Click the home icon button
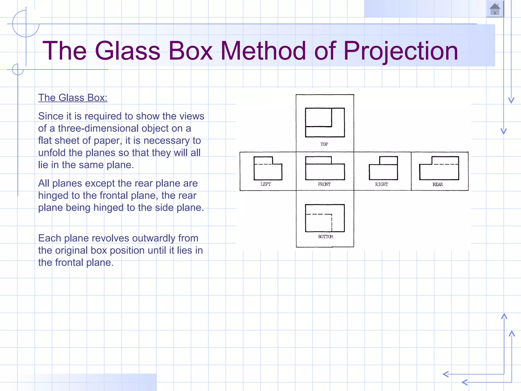point(495,9)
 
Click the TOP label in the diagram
point(324,144)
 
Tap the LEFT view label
point(266,184)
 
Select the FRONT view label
point(324,184)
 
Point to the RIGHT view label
point(381,184)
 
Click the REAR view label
point(438,185)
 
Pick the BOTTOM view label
point(326,237)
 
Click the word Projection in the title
point(401,51)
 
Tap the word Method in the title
point(263,51)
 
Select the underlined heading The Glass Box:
point(73,98)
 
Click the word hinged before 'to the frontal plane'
point(53,195)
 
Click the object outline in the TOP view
point(325,122)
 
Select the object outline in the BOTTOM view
point(325,218)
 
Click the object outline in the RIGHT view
point(383,168)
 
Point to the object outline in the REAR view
point(439,168)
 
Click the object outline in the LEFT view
point(268,168)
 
